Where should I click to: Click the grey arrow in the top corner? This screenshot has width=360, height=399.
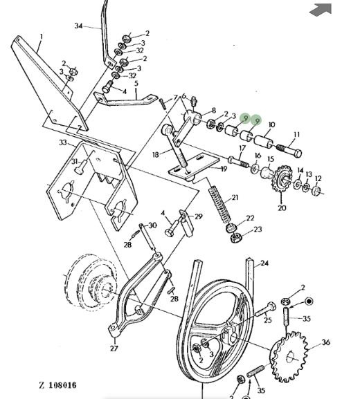[x=321, y=10]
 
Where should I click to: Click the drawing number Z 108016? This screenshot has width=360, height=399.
[x=58, y=385]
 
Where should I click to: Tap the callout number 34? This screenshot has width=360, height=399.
[x=78, y=26]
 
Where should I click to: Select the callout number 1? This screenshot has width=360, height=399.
[x=42, y=36]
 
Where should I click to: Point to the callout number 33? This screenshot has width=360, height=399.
[x=63, y=142]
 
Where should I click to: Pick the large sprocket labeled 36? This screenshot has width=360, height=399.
[x=289, y=356]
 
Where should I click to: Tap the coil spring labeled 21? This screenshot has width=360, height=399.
[x=220, y=205]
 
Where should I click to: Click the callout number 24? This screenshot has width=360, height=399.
[x=264, y=263]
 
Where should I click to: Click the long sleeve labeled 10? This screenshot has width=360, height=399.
[x=264, y=142]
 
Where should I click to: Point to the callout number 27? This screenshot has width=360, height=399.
[x=114, y=348]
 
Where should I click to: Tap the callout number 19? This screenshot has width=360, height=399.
[x=224, y=169]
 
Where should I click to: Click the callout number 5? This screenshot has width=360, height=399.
[x=136, y=83]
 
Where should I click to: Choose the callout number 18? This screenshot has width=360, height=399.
[x=156, y=154]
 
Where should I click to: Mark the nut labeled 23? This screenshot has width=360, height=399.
[x=235, y=238]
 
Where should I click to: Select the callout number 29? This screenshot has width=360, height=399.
[x=199, y=216]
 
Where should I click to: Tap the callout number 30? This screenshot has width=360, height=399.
[x=152, y=225]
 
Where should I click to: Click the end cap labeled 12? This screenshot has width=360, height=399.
[x=317, y=191]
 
